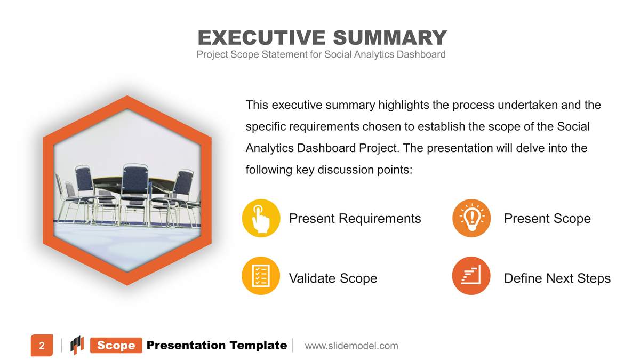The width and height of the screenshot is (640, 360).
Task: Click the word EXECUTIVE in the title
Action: [x=261, y=38]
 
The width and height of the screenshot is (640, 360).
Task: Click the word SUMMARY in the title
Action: [x=390, y=38]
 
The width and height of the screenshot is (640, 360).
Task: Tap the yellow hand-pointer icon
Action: [x=261, y=218]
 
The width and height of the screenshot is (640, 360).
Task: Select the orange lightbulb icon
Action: [x=471, y=218]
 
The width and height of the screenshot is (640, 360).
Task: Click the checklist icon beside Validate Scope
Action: [x=261, y=276]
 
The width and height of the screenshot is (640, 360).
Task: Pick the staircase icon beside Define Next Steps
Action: [x=471, y=276]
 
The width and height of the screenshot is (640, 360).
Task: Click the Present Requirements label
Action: [x=355, y=219]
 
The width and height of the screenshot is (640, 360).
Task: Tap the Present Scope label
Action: [x=547, y=219]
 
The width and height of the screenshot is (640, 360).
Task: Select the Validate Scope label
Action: [x=333, y=278]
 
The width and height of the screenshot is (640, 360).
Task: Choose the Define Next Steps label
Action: [x=557, y=278]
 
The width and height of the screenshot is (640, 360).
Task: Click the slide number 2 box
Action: [x=42, y=346]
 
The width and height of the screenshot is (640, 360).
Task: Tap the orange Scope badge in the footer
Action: [x=116, y=345]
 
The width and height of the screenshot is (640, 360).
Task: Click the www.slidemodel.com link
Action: [x=351, y=346]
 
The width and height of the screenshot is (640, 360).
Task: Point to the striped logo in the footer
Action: [x=77, y=345]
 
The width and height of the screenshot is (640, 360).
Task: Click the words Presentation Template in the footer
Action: [x=217, y=345]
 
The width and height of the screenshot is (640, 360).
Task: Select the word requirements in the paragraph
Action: [x=324, y=126]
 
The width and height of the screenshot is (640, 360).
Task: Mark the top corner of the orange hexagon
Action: [x=127, y=95]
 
